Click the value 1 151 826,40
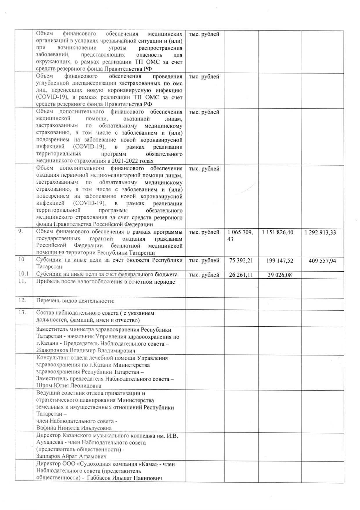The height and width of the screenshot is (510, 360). point(277,232)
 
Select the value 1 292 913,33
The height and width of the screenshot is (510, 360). point(320,232)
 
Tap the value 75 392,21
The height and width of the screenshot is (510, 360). point(241,260)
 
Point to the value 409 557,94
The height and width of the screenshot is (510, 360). point(322,261)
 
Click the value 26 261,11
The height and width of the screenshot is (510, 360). point(241,275)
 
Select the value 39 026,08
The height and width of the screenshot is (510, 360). point(280,275)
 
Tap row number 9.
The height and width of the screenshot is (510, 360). point(21,232)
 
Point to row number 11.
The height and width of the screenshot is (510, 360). point(22,281)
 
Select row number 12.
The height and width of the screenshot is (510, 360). point(22,300)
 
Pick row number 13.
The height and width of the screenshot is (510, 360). point(22,313)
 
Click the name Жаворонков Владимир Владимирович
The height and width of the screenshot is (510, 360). point(86,350)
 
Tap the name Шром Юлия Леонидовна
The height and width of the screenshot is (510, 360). point(69,386)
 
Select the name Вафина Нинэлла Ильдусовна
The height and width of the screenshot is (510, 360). point(74,428)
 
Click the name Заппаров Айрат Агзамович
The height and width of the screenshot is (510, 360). point(71,456)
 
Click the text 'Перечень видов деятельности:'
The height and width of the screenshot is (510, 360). point(75,300)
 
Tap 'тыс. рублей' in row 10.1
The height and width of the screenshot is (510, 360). point(204,275)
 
